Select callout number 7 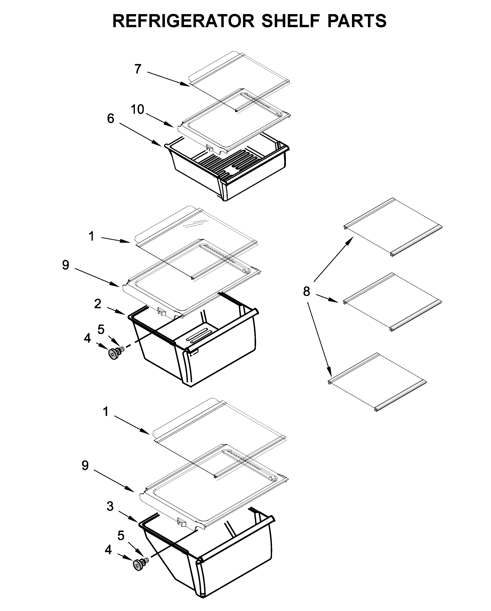[138, 69]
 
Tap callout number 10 [137, 109]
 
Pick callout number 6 [110, 119]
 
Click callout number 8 [306, 291]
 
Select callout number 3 [110, 506]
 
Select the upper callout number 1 [91, 236]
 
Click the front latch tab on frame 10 [209, 147]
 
